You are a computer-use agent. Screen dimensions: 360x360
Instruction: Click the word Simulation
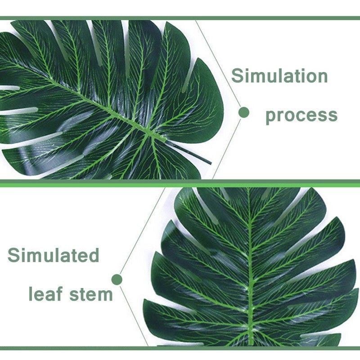click(x=279, y=76)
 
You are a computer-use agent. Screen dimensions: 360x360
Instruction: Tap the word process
click(x=301, y=115)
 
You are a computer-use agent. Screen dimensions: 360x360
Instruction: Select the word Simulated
click(x=54, y=255)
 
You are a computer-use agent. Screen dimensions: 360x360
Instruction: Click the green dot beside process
click(x=244, y=112)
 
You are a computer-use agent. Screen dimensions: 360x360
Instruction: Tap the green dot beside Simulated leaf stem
click(x=117, y=279)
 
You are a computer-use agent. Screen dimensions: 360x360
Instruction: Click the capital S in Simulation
click(x=238, y=76)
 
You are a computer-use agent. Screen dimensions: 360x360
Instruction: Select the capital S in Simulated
click(x=14, y=255)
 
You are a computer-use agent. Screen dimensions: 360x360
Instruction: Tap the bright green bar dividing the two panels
click(x=180, y=184)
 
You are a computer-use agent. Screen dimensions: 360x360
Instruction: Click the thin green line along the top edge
click(x=180, y=18)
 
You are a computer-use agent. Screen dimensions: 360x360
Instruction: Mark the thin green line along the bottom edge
click(x=180, y=348)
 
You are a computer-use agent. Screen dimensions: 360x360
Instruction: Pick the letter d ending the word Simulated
click(x=93, y=255)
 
